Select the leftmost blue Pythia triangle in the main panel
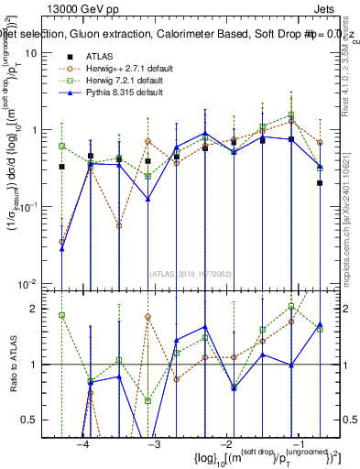point(61,248)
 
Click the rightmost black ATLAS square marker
point(320,182)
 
